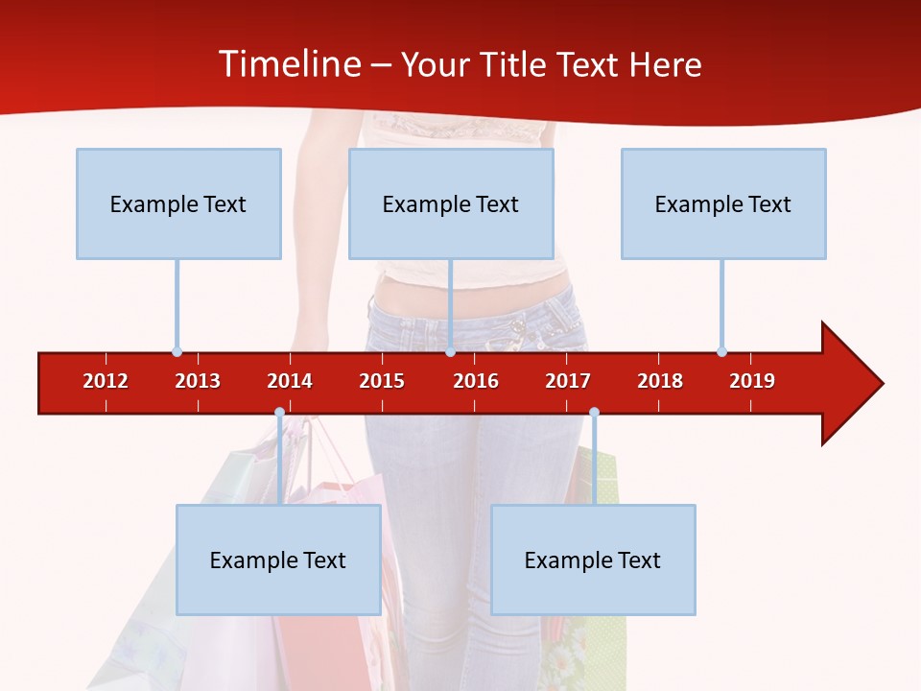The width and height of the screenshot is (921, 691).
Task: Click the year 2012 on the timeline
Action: coord(106,381)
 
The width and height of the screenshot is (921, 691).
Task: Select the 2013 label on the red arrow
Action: coord(198,381)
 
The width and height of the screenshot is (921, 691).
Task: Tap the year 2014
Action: coord(290,381)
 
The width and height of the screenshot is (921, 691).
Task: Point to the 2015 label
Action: coord(382,381)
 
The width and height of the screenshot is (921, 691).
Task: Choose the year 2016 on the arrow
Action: coord(476,381)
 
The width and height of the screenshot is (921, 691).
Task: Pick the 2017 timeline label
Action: coord(568,381)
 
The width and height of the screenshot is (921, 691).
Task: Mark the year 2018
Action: coord(660,381)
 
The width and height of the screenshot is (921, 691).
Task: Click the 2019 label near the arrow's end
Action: coord(752,381)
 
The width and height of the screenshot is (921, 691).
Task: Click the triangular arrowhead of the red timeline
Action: coord(850,384)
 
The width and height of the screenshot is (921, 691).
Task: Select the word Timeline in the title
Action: coord(289,64)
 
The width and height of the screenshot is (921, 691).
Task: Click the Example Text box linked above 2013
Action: coord(178,203)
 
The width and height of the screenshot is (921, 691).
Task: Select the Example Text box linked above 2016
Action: coord(451,203)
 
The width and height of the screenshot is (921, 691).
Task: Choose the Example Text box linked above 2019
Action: coord(723,203)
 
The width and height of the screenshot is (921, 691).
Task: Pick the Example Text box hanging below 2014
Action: coord(278,560)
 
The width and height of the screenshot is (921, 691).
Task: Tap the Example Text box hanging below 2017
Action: coord(593,560)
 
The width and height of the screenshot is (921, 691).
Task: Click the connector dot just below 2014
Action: coord(279,413)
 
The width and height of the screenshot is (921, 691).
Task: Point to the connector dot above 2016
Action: coord(450,351)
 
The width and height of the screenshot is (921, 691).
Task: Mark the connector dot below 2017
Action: coord(594,413)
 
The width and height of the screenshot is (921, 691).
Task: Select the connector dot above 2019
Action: coord(721,351)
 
